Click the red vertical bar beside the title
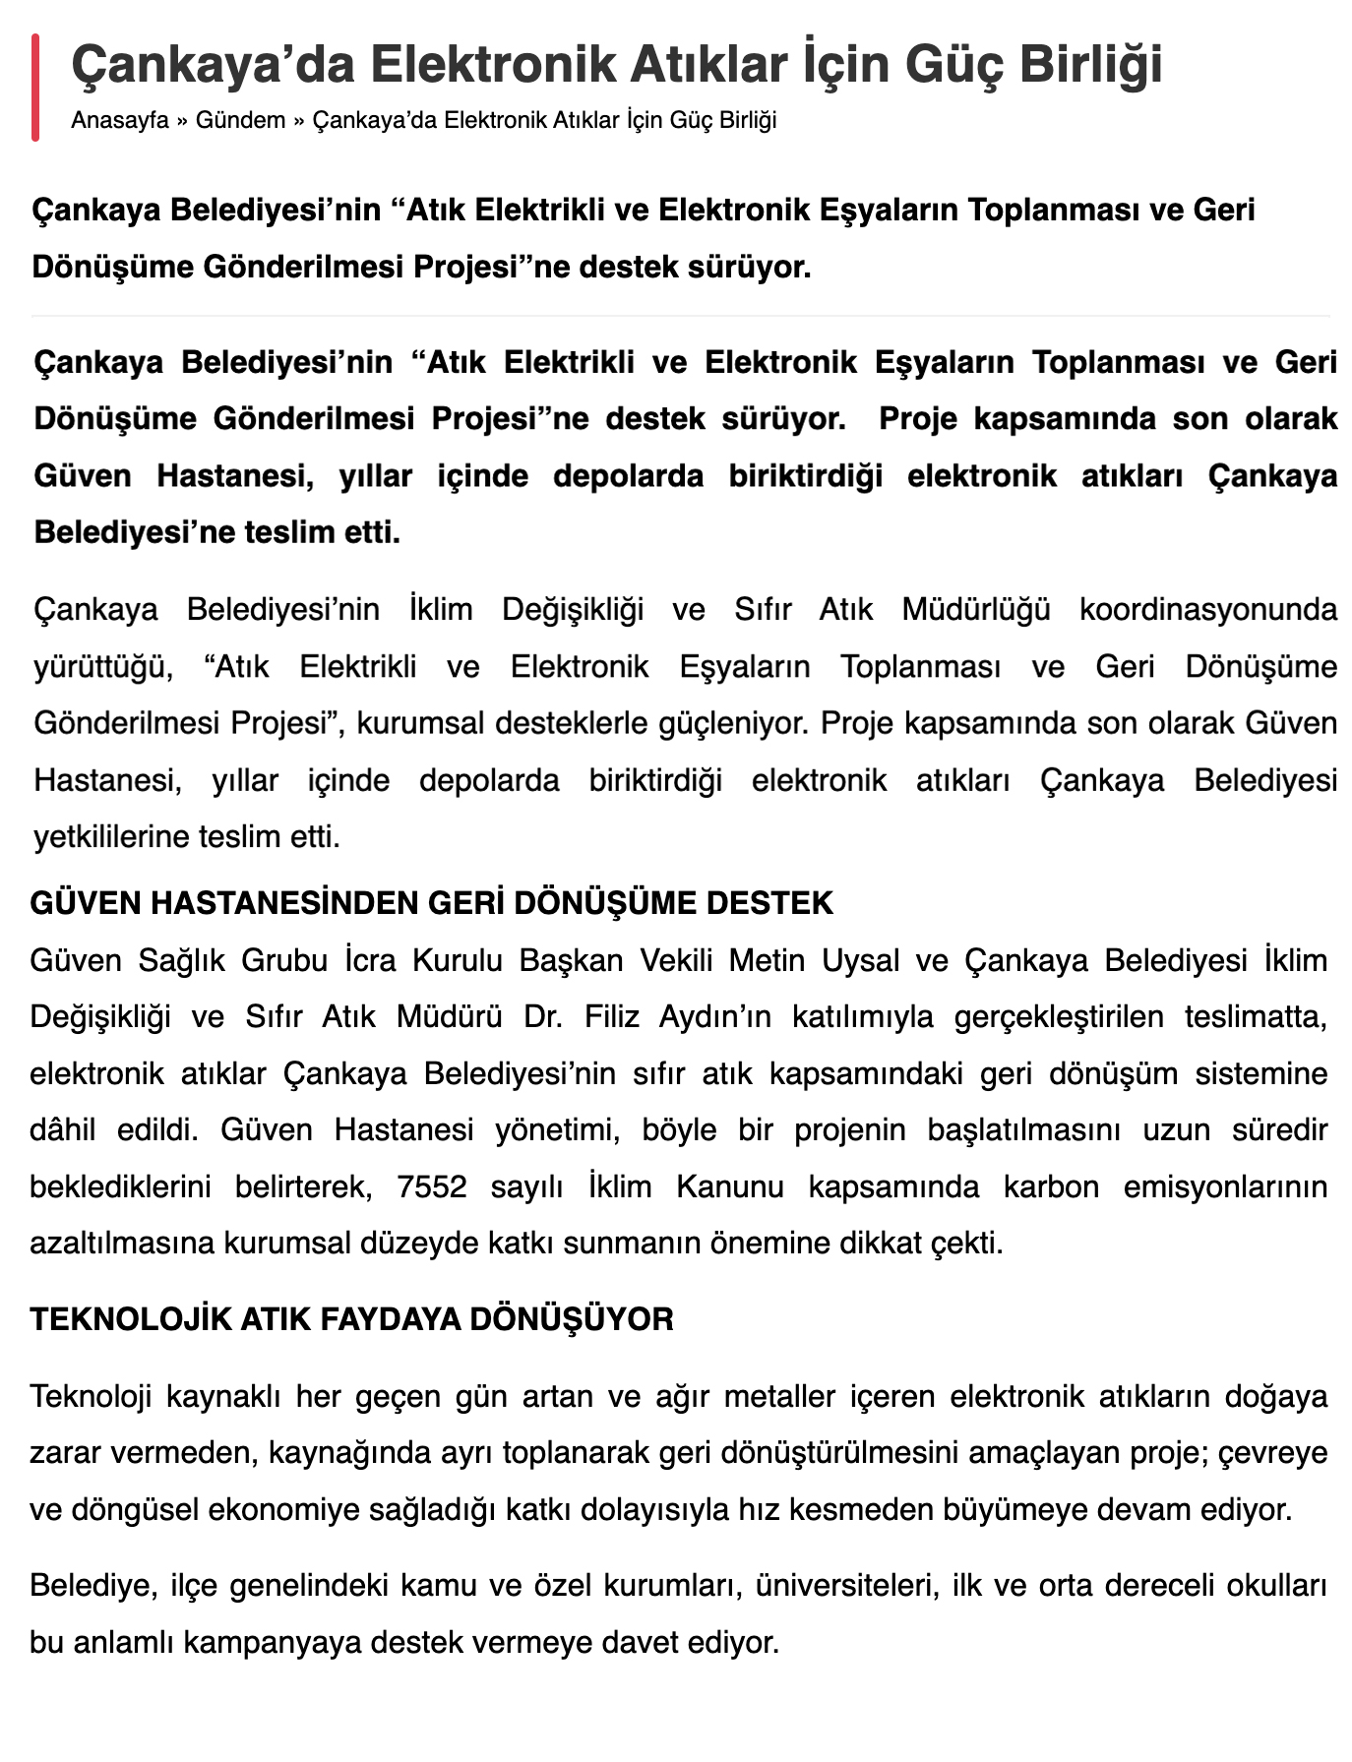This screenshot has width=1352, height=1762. coord(35,87)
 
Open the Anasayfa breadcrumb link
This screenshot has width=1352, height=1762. coord(119,121)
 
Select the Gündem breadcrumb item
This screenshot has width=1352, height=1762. coord(240,121)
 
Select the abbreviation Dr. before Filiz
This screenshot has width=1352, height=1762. coord(542,1016)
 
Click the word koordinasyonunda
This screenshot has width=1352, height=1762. coord(1208,610)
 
